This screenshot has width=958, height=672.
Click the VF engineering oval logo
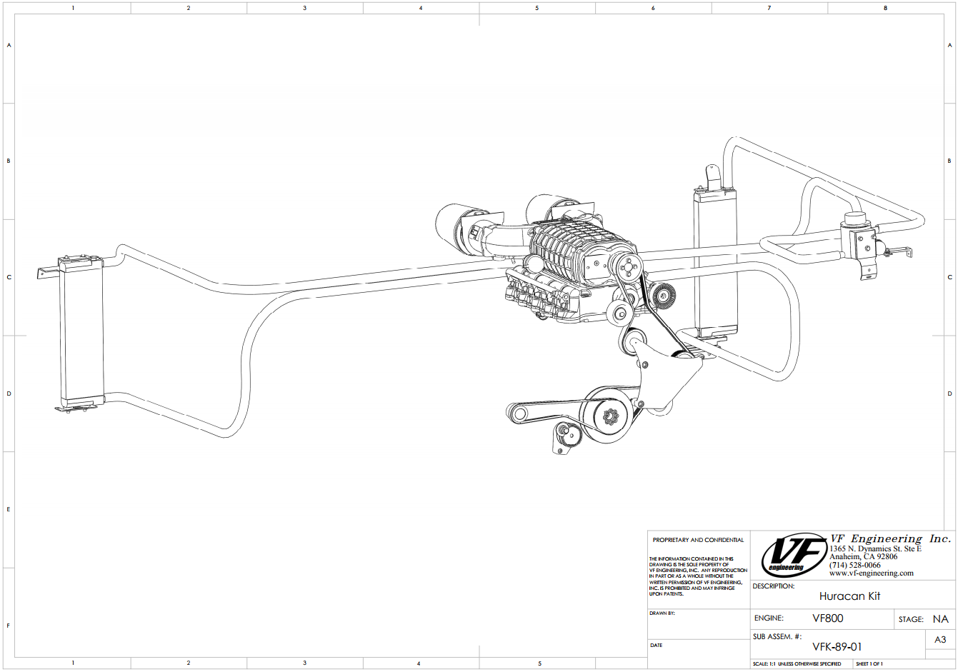(x=794, y=555)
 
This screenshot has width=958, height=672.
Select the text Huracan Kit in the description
(x=849, y=596)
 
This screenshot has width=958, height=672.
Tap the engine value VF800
(x=827, y=618)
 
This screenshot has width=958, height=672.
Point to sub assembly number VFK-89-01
(x=837, y=647)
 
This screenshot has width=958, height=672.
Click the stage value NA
(x=940, y=619)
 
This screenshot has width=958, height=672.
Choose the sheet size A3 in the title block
(x=940, y=640)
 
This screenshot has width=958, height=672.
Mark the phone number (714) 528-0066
(x=854, y=565)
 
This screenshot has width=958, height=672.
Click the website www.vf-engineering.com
(x=871, y=573)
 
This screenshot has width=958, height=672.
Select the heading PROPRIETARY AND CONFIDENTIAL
(x=698, y=540)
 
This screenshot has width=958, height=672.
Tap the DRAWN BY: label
(x=662, y=613)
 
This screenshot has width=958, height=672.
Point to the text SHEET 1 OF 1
(x=869, y=664)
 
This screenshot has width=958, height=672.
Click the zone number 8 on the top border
(x=885, y=8)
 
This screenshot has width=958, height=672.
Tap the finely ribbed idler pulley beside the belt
(x=664, y=295)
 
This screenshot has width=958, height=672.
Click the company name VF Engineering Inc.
(x=889, y=538)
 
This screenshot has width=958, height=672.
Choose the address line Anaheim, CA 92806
(x=863, y=557)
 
